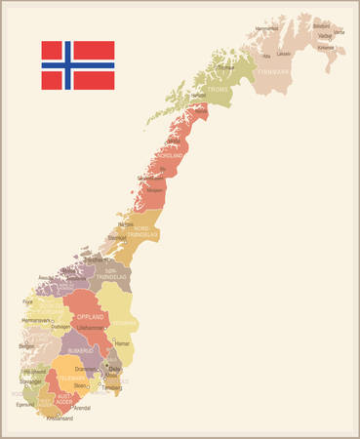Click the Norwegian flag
click(x=77, y=65)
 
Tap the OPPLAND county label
click(x=90, y=318)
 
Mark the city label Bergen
click(x=26, y=346)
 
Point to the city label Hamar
click(x=123, y=344)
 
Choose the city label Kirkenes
click(x=326, y=47)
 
